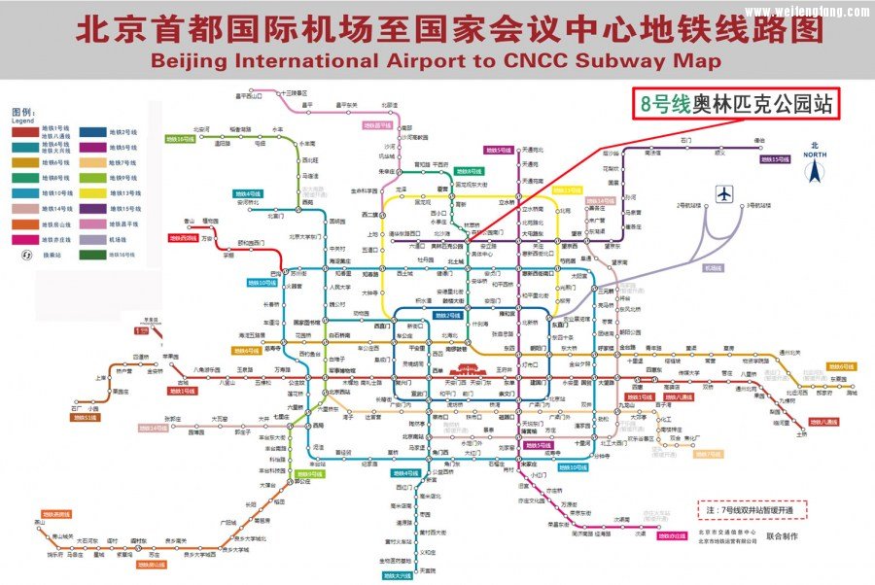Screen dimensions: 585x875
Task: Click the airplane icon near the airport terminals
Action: pyautogui.click(x=723, y=192)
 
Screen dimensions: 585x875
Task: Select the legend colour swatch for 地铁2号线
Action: pyautogui.click(x=93, y=131)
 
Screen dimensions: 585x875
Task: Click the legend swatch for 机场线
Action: pyautogui.click(x=93, y=239)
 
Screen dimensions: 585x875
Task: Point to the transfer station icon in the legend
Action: pyautogui.click(x=25, y=255)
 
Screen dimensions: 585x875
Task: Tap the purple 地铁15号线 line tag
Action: pyautogui.click(x=775, y=159)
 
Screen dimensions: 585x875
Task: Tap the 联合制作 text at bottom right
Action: pyautogui.click(x=785, y=535)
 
